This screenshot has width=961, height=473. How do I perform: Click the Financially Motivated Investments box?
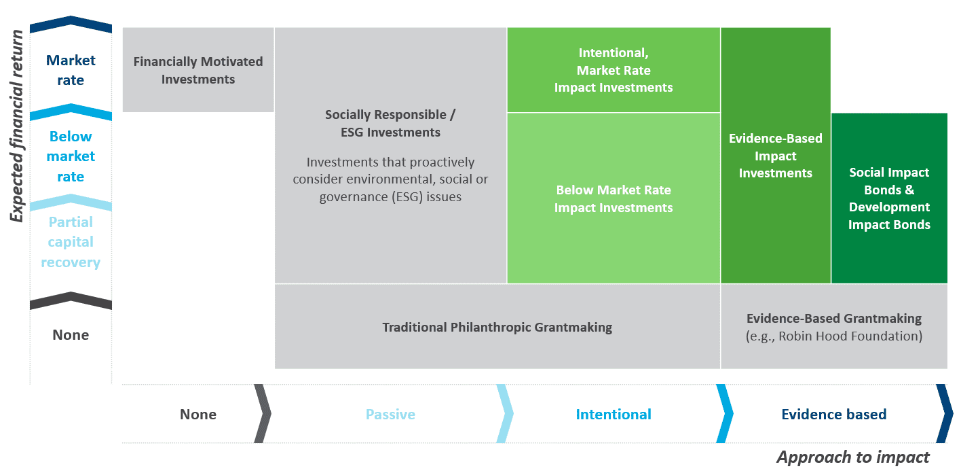coord(198,69)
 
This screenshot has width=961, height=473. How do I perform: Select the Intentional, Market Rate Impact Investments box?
coord(614,69)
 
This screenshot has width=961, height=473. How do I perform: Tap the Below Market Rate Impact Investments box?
coord(614,198)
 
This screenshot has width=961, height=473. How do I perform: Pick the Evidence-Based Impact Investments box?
coord(776,155)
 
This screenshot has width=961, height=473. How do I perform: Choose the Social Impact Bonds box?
coord(889,198)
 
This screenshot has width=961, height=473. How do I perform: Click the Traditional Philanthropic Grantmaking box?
coord(497,326)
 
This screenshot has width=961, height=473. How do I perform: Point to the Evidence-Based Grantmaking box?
coord(834,326)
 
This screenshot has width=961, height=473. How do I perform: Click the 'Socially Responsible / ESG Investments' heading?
coord(390,123)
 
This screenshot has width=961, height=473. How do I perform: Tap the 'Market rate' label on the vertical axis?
coord(71,70)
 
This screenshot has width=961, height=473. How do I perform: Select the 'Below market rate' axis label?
coord(71,156)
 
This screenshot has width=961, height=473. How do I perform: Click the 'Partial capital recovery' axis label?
coord(71,242)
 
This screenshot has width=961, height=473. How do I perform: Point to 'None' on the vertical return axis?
coord(71,334)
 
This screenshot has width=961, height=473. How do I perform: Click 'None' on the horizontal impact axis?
coord(198,414)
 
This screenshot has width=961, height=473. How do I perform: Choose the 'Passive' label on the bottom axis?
coord(390,414)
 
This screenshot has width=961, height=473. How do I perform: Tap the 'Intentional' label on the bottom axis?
coord(614,414)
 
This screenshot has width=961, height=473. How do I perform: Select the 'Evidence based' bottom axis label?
coord(834,414)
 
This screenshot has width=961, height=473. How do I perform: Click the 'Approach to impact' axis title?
coord(853,457)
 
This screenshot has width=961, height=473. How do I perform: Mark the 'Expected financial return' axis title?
coord(17,126)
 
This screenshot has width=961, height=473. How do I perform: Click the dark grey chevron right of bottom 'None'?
coord(263,413)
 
